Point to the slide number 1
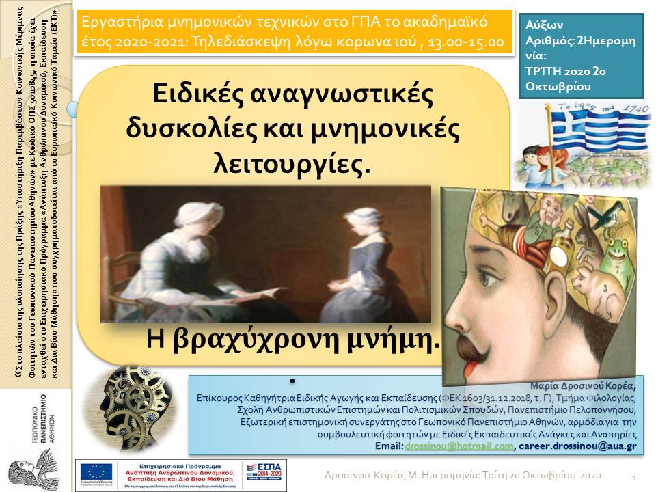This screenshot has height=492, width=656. click(635, 476)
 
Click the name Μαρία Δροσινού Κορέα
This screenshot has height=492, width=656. click(588, 385)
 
